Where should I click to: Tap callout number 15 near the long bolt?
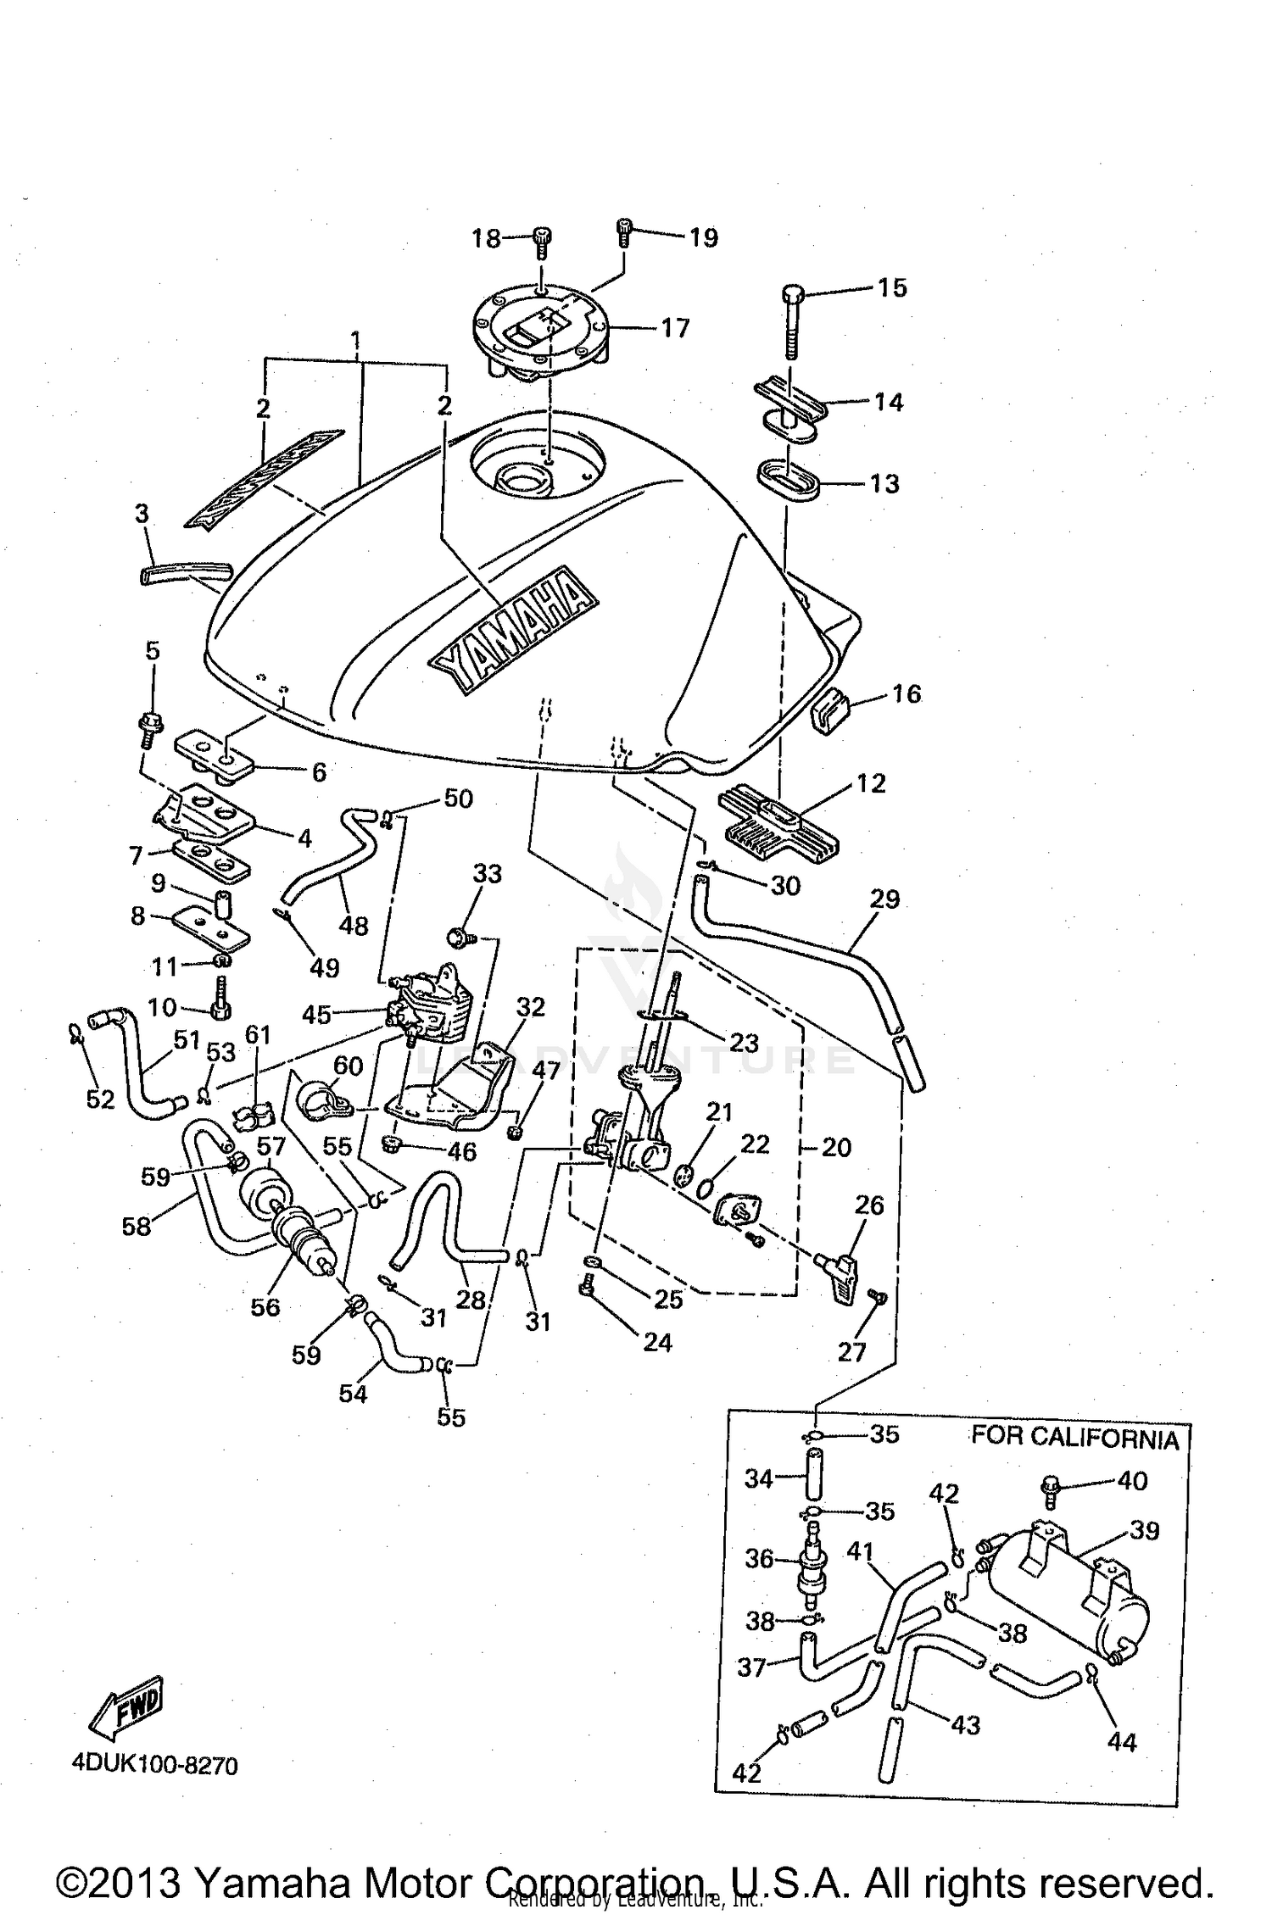pos(891,287)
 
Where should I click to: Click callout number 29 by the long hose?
pos(884,899)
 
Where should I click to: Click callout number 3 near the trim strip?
pos(142,514)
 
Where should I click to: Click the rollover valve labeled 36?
pos(813,1562)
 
